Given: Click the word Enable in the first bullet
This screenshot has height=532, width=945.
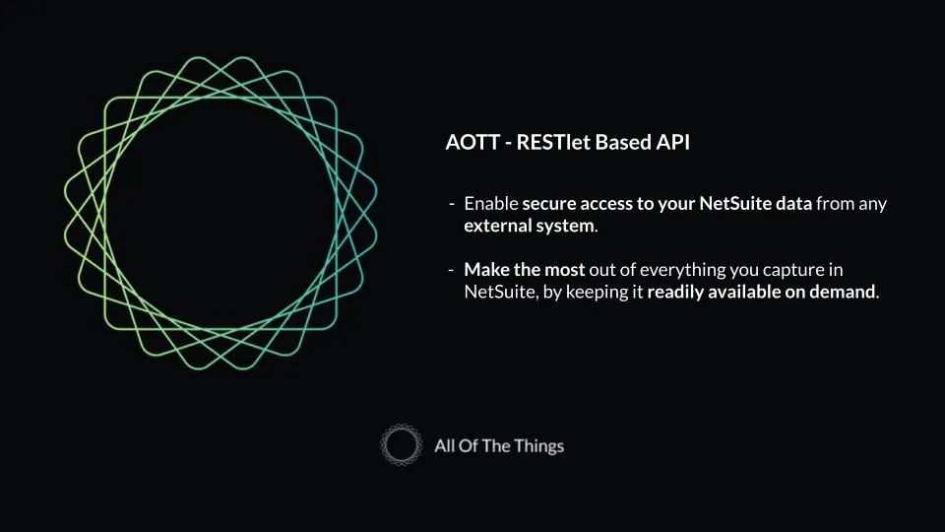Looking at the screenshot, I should click(490, 204).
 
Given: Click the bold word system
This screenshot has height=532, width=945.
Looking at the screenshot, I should click(566, 225).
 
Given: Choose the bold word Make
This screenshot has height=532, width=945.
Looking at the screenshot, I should click(485, 269).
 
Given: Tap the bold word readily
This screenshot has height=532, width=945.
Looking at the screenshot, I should click(676, 292).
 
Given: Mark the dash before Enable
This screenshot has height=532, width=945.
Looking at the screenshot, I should click(451, 204).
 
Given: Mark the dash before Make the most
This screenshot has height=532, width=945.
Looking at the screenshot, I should click(451, 269).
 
